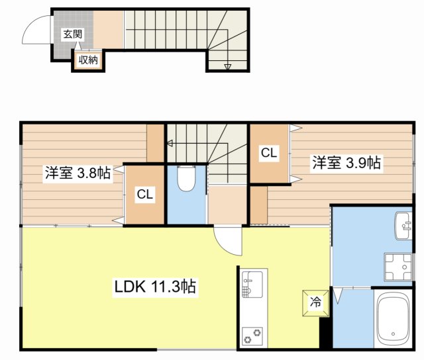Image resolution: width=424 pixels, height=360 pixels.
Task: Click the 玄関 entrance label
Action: pyautogui.click(x=73, y=34)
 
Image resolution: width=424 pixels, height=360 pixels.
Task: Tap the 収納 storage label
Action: pyautogui.click(x=89, y=60)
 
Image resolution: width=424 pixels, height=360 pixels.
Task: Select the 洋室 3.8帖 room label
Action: pyautogui.click(x=78, y=174)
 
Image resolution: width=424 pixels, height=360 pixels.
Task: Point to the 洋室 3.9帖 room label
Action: pyautogui.click(x=346, y=162)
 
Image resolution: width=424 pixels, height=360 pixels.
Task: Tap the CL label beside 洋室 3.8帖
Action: pyautogui.click(x=145, y=195)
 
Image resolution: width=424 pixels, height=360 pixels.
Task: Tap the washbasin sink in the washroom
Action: pyautogui.click(x=403, y=226)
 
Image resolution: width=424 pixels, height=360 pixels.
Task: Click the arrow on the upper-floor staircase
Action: pyautogui.click(x=170, y=142)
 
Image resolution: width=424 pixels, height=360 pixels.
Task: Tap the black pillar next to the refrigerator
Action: pyautogui.click(x=325, y=332)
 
